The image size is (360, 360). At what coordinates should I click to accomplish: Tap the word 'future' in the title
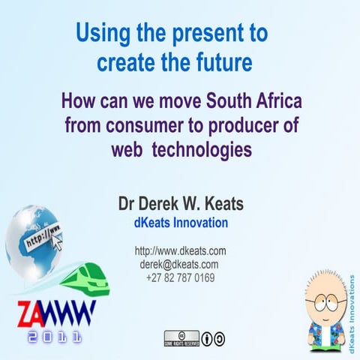coord(222,63)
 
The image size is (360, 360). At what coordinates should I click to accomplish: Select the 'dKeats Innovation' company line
coord(180,223)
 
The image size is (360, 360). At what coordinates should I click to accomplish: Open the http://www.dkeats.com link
coord(180,251)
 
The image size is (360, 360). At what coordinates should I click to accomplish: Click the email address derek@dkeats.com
coord(180,264)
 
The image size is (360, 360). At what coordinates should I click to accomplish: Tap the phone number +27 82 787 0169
coord(180,277)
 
